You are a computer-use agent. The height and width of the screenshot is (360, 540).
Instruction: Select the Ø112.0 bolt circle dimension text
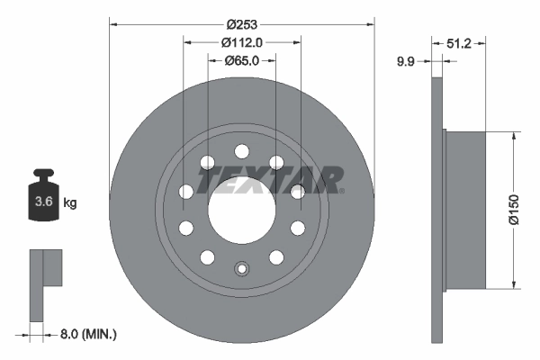click(240, 41)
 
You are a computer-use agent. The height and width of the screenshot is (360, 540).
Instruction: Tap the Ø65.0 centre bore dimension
click(240, 61)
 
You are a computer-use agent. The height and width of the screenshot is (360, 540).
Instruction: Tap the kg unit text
click(69, 203)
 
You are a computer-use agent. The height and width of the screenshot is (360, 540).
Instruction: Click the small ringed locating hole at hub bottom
click(240, 269)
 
